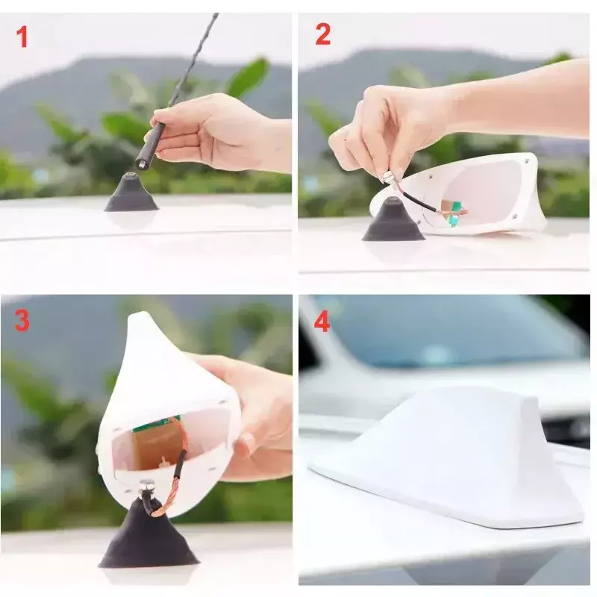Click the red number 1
click(x=22, y=37)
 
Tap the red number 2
click(x=323, y=34)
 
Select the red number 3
click(x=22, y=320)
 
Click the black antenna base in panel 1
click(x=131, y=193)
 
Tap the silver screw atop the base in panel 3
click(x=145, y=486)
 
